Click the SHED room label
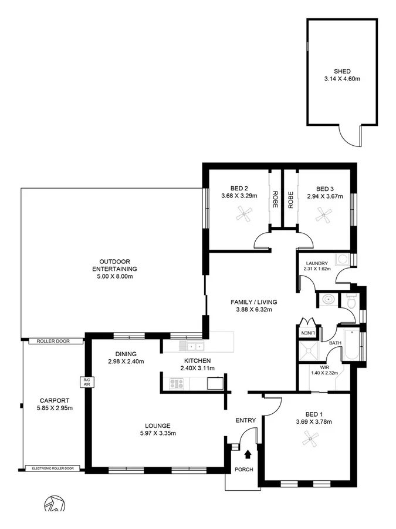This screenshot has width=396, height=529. point(341,71)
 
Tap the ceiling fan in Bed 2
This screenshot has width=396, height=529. point(244,216)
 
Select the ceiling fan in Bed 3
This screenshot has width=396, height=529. point(323,217)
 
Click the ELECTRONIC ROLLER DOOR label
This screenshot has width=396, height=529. point(53,468)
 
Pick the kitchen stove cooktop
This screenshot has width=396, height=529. point(177,384)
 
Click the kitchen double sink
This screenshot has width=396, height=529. point(191,346)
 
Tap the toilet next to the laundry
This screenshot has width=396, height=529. point(351,302)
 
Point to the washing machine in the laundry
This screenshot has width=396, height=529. point(341,259)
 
